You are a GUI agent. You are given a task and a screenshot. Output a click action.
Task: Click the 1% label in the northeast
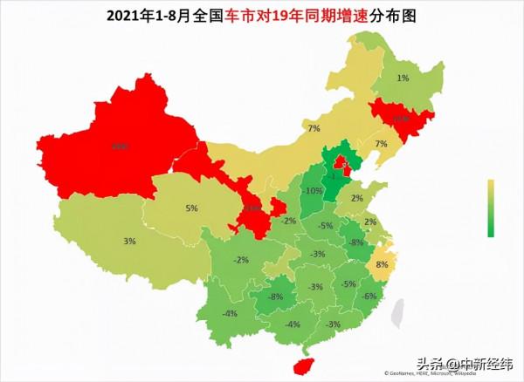pos(403,78)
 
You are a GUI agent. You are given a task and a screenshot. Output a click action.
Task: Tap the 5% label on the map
pos(192,208)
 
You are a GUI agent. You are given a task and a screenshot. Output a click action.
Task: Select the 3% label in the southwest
pos(129,242)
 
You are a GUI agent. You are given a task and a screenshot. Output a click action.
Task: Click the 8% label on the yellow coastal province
pos(381,264)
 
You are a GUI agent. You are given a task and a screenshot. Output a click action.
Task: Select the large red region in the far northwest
pos(118,148)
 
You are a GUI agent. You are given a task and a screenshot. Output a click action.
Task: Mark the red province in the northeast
pos(399,118)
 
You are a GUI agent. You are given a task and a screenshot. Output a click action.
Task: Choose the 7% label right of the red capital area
pos(381,144)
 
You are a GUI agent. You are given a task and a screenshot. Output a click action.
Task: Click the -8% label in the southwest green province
pos(276,297)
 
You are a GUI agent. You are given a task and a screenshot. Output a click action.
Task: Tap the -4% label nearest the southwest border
pos(231,313)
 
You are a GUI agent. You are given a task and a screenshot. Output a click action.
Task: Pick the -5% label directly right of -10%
pos(326,226)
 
